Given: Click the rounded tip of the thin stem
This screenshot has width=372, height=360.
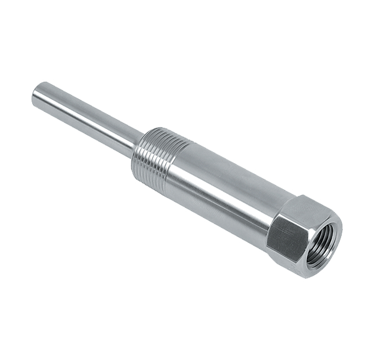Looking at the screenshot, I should tap(37, 94).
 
